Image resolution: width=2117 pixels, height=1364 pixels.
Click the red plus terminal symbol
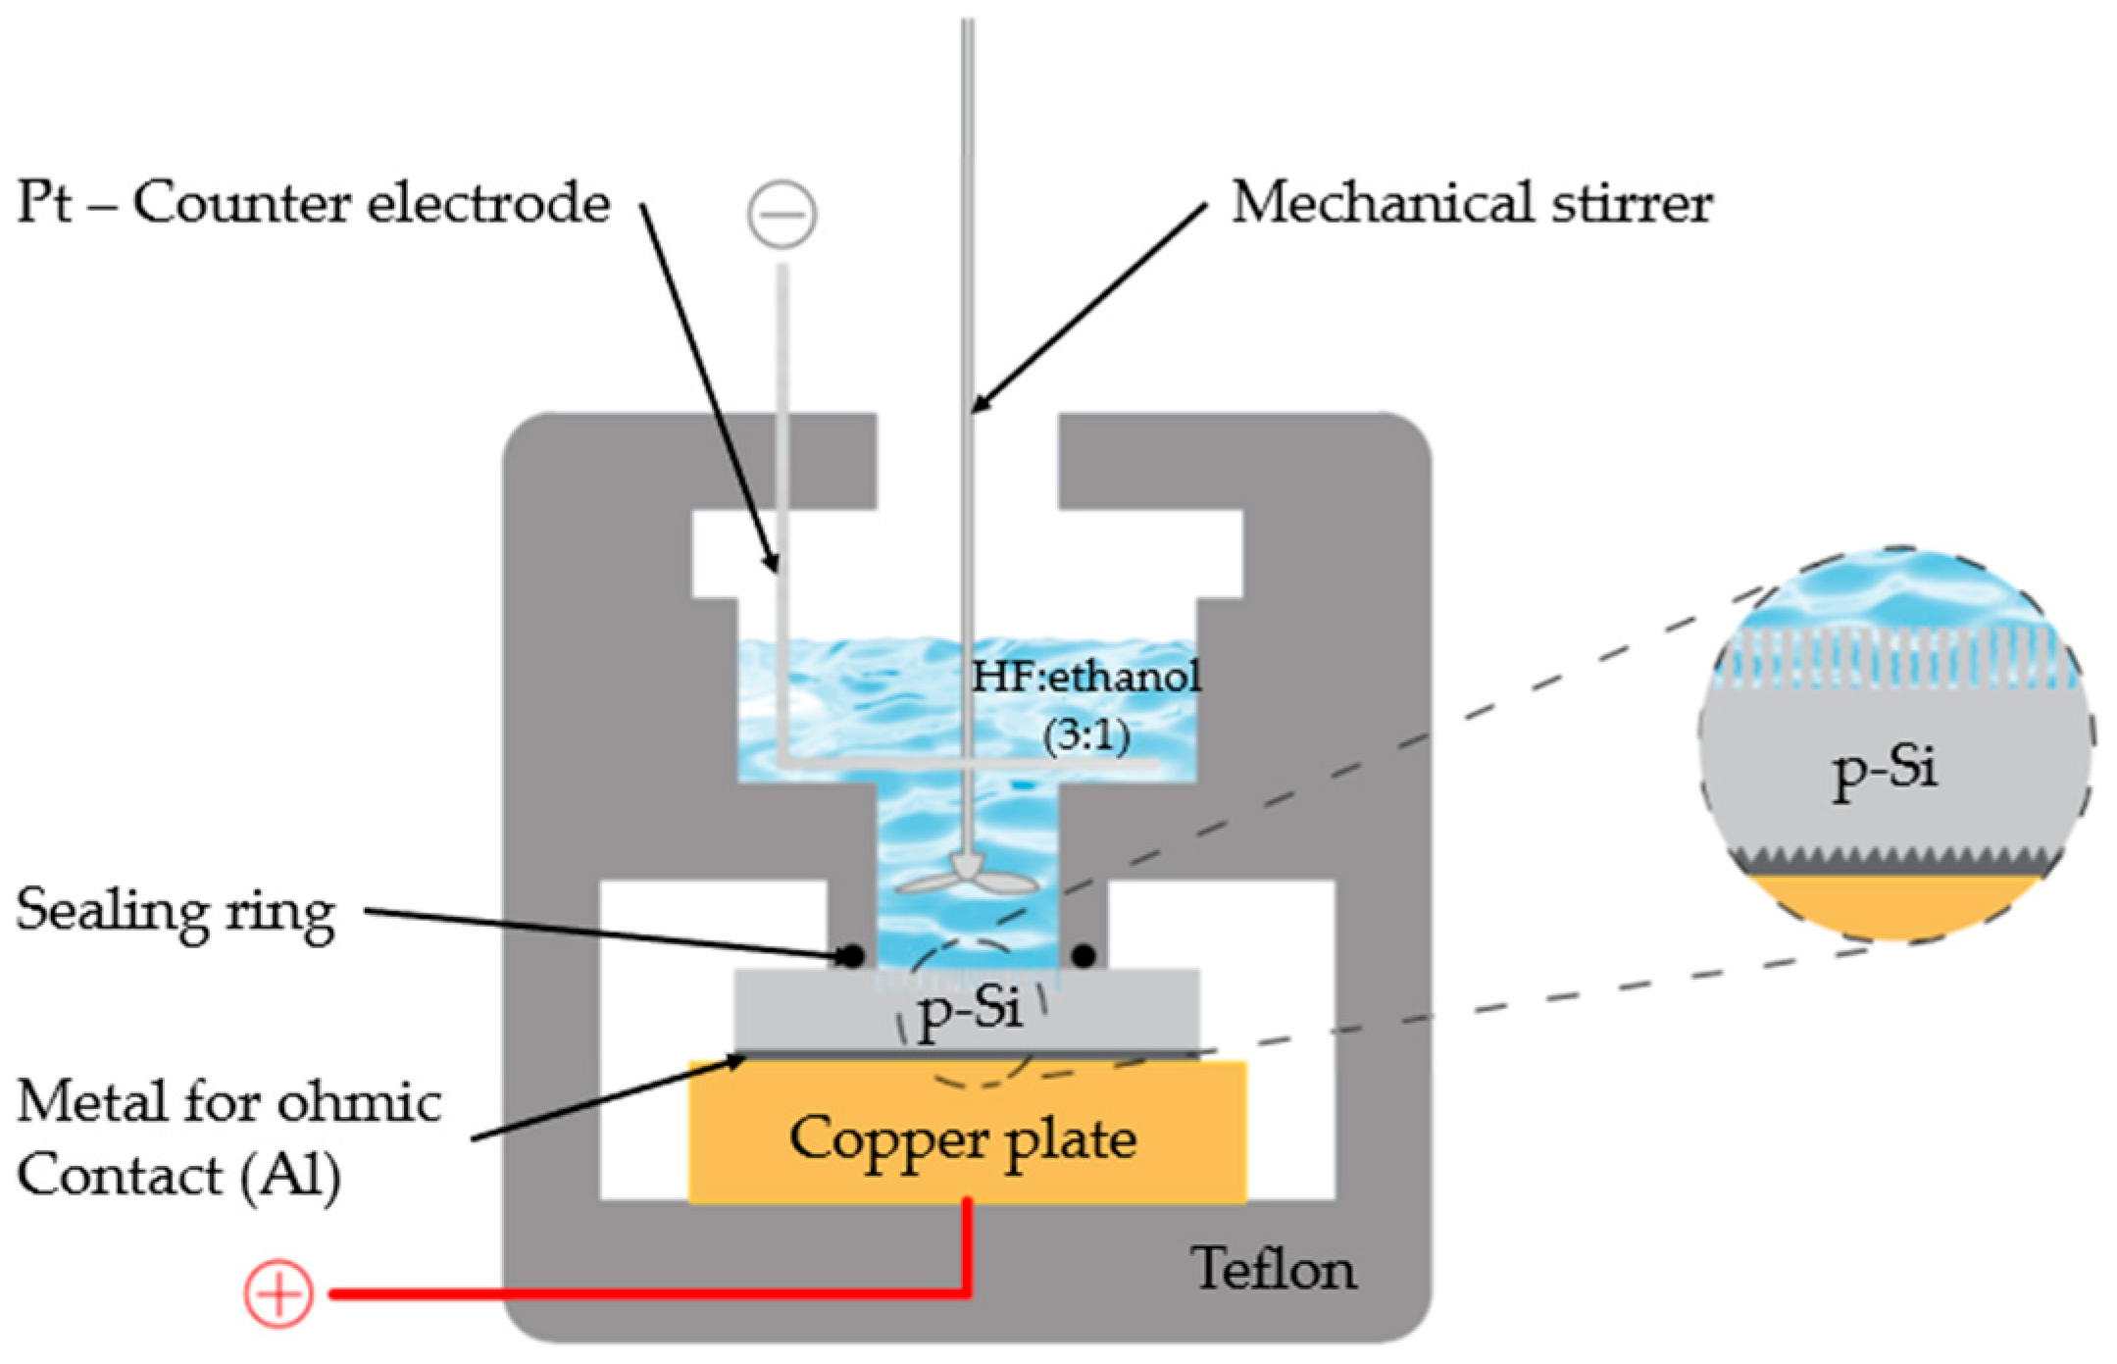pyautogui.click(x=278, y=1295)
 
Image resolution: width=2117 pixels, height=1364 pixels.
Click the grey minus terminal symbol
pyautogui.click(x=781, y=214)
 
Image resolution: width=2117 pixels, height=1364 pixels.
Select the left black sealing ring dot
pyautogui.click(x=852, y=955)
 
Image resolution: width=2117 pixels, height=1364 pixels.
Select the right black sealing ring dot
pyautogui.click(x=1084, y=955)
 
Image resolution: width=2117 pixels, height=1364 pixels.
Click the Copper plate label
pyautogui.click(x=963, y=1139)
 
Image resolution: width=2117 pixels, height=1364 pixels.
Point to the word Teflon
pyautogui.click(x=1274, y=1269)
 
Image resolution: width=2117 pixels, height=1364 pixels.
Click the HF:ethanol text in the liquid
pyautogui.click(x=1085, y=677)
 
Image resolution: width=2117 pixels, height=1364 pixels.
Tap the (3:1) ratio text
pyautogui.click(x=1085, y=734)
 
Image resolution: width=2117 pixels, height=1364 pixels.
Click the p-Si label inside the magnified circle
pyautogui.click(x=1884, y=770)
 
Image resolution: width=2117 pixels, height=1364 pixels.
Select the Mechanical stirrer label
pyautogui.click(x=1471, y=203)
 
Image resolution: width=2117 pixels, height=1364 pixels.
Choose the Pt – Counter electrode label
pyautogui.click(x=314, y=203)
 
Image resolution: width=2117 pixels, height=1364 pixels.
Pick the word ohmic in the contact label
pyautogui.click(x=359, y=1103)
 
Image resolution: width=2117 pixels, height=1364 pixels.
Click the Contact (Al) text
pyautogui.click(x=178, y=1176)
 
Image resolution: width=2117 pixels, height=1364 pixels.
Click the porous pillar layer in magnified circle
pyautogui.click(x=1894, y=656)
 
